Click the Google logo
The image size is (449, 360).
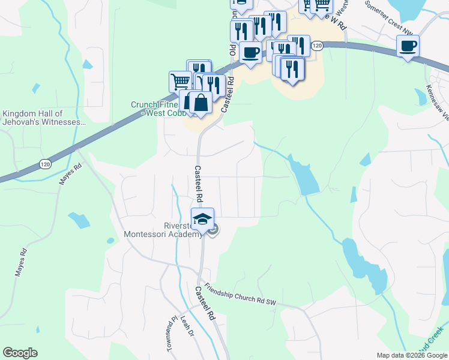20,353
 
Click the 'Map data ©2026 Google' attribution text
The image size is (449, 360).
411,355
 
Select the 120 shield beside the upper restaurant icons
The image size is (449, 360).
318,46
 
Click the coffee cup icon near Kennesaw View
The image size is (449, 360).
408,46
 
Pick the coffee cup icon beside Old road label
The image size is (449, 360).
250,52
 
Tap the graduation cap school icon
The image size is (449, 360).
203,218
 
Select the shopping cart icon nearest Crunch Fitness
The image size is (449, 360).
179,81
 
